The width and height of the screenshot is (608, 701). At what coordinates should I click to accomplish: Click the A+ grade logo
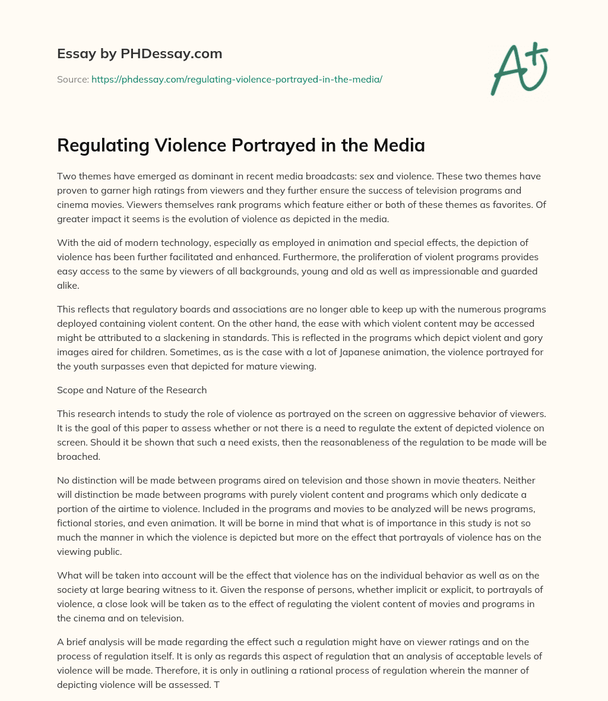pyautogui.click(x=518, y=70)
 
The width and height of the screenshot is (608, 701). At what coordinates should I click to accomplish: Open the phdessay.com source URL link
pyautogui.click(x=236, y=79)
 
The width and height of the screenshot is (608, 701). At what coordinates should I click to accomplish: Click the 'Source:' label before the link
pyautogui.click(x=73, y=79)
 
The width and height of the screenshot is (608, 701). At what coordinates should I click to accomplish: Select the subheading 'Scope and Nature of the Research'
pyautogui.click(x=132, y=390)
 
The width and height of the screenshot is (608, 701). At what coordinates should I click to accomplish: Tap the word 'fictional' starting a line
pyautogui.click(x=76, y=523)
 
